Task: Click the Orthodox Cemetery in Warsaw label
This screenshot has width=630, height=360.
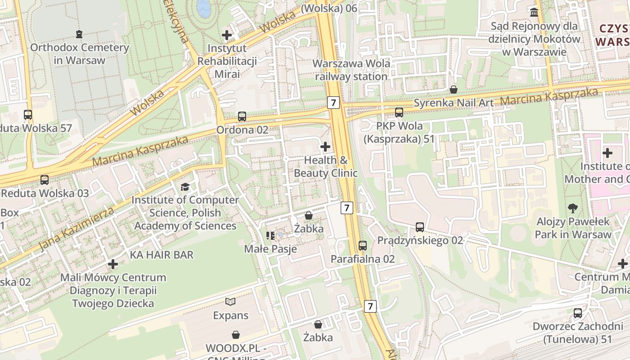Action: tap(80, 54)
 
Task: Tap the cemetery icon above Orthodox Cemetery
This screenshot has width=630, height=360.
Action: tap(80, 34)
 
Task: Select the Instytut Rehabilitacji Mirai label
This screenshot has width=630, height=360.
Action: tap(227, 61)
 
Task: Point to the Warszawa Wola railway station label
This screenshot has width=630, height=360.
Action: tap(351, 70)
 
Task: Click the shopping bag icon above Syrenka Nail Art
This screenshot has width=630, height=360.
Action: tap(454, 90)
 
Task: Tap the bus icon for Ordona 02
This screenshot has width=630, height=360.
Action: tap(242, 117)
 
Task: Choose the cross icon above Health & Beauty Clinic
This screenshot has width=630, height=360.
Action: tap(325, 147)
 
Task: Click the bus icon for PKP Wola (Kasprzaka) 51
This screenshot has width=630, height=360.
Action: tap(399, 112)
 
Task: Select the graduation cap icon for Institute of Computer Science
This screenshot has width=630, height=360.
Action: tap(185, 186)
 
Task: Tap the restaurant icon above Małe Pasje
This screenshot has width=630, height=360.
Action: tap(270, 235)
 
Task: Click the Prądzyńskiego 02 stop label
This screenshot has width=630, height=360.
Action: tap(420, 240)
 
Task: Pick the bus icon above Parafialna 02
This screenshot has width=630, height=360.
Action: tap(363, 246)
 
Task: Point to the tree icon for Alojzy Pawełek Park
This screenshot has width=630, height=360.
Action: tap(573, 208)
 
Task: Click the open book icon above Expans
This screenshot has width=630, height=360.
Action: tap(230, 302)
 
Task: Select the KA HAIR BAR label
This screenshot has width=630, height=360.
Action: tap(162, 255)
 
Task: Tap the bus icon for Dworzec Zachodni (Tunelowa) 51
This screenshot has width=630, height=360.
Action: tap(578, 313)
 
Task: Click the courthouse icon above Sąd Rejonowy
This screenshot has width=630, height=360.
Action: tap(534, 13)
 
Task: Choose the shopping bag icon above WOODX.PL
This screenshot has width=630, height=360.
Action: tap(236, 335)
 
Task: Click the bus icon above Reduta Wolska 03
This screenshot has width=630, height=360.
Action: tap(45, 180)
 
